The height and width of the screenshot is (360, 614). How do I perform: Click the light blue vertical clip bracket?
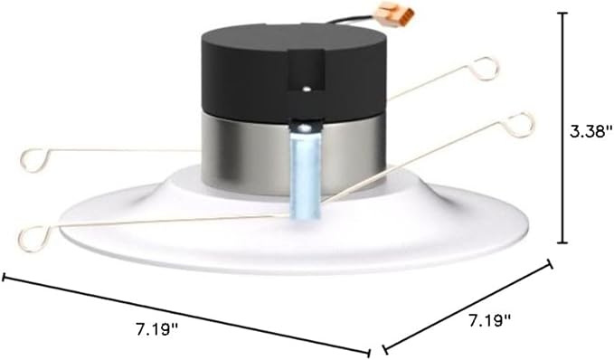(x=305, y=173)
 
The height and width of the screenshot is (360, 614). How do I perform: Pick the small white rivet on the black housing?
(x=305, y=89)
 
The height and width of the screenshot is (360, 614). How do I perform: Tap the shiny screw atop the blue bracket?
(x=304, y=127)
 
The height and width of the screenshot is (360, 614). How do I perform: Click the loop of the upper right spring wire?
(x=486, y=69)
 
